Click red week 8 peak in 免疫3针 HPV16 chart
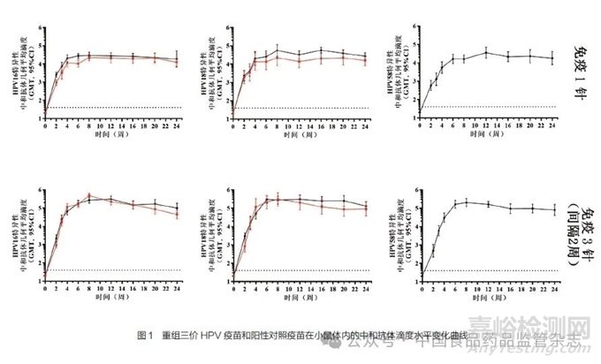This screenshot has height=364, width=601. tap(90, 196)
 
